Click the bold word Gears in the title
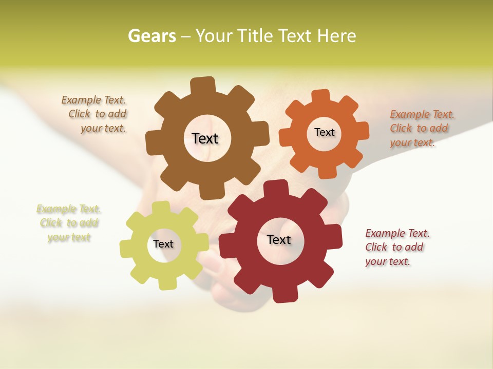coord(152,36)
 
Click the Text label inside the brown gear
coord(205,138)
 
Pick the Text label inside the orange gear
coord(324,132)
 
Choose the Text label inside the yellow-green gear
coord(163,244)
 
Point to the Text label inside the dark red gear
coord(279,239)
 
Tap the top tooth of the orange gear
coord(320,96)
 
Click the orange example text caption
coord(422,128)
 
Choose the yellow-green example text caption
coord(68,223)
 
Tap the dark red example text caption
coord(397,247)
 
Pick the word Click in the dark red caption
coord(376,247)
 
